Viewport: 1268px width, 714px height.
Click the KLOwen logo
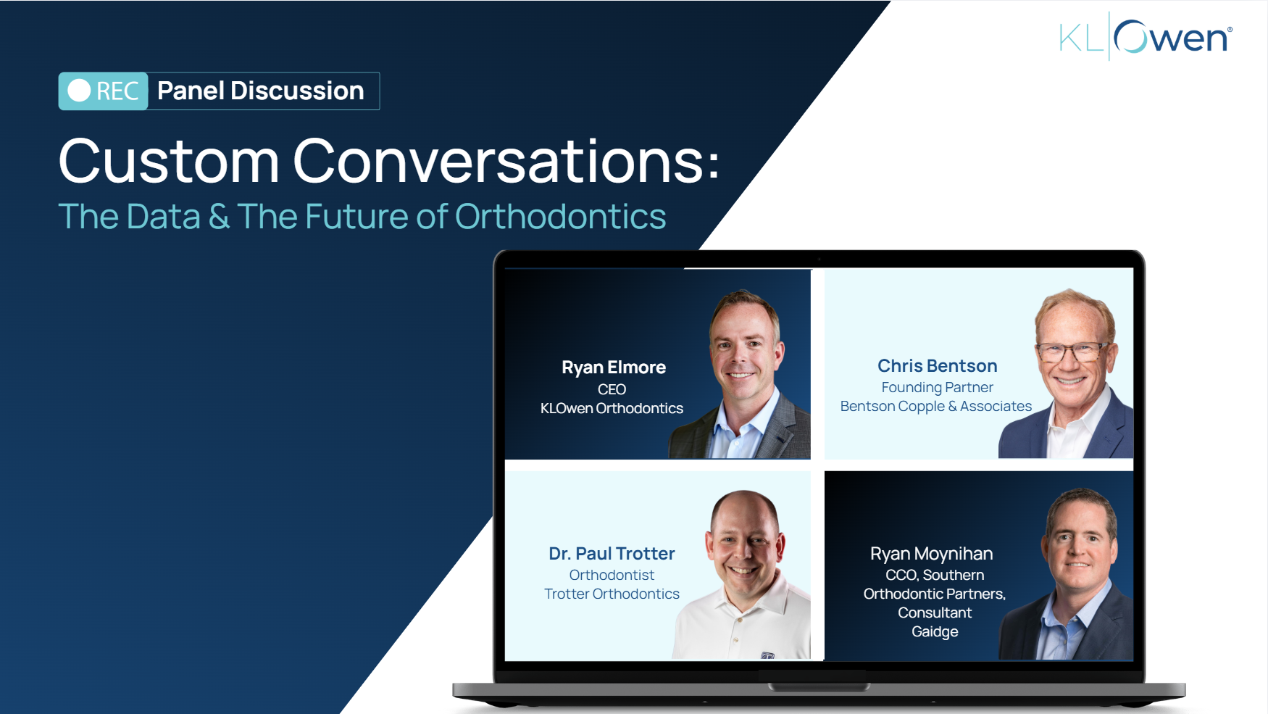click(1146, 37)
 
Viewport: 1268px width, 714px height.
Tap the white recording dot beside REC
click(79, 91)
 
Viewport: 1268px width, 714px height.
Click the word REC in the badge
click(117, 91)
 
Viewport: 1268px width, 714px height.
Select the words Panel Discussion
click(261, 91)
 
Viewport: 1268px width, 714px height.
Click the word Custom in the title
click(169, 161)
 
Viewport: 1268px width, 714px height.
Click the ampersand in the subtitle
click(219, 216)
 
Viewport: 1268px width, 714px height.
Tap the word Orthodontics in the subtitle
click(560, 216)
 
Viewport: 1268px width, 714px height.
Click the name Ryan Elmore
click(614, 368)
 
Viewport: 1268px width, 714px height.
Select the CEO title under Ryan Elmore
click(612, 389)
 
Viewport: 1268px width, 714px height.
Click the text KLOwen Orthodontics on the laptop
click(612, 408)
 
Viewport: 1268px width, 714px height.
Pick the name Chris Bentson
click(937, 366)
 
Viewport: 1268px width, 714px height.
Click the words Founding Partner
click(937, 387)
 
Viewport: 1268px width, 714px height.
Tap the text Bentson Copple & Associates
click(935, 406)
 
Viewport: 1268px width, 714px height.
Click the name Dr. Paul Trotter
click(612, 554)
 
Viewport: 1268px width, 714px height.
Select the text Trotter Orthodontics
click(612, 594)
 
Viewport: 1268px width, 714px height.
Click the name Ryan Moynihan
click(931, 554)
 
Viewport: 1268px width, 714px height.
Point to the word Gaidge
click(935, 631)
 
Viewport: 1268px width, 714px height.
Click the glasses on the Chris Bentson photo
click(1072, 353)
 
